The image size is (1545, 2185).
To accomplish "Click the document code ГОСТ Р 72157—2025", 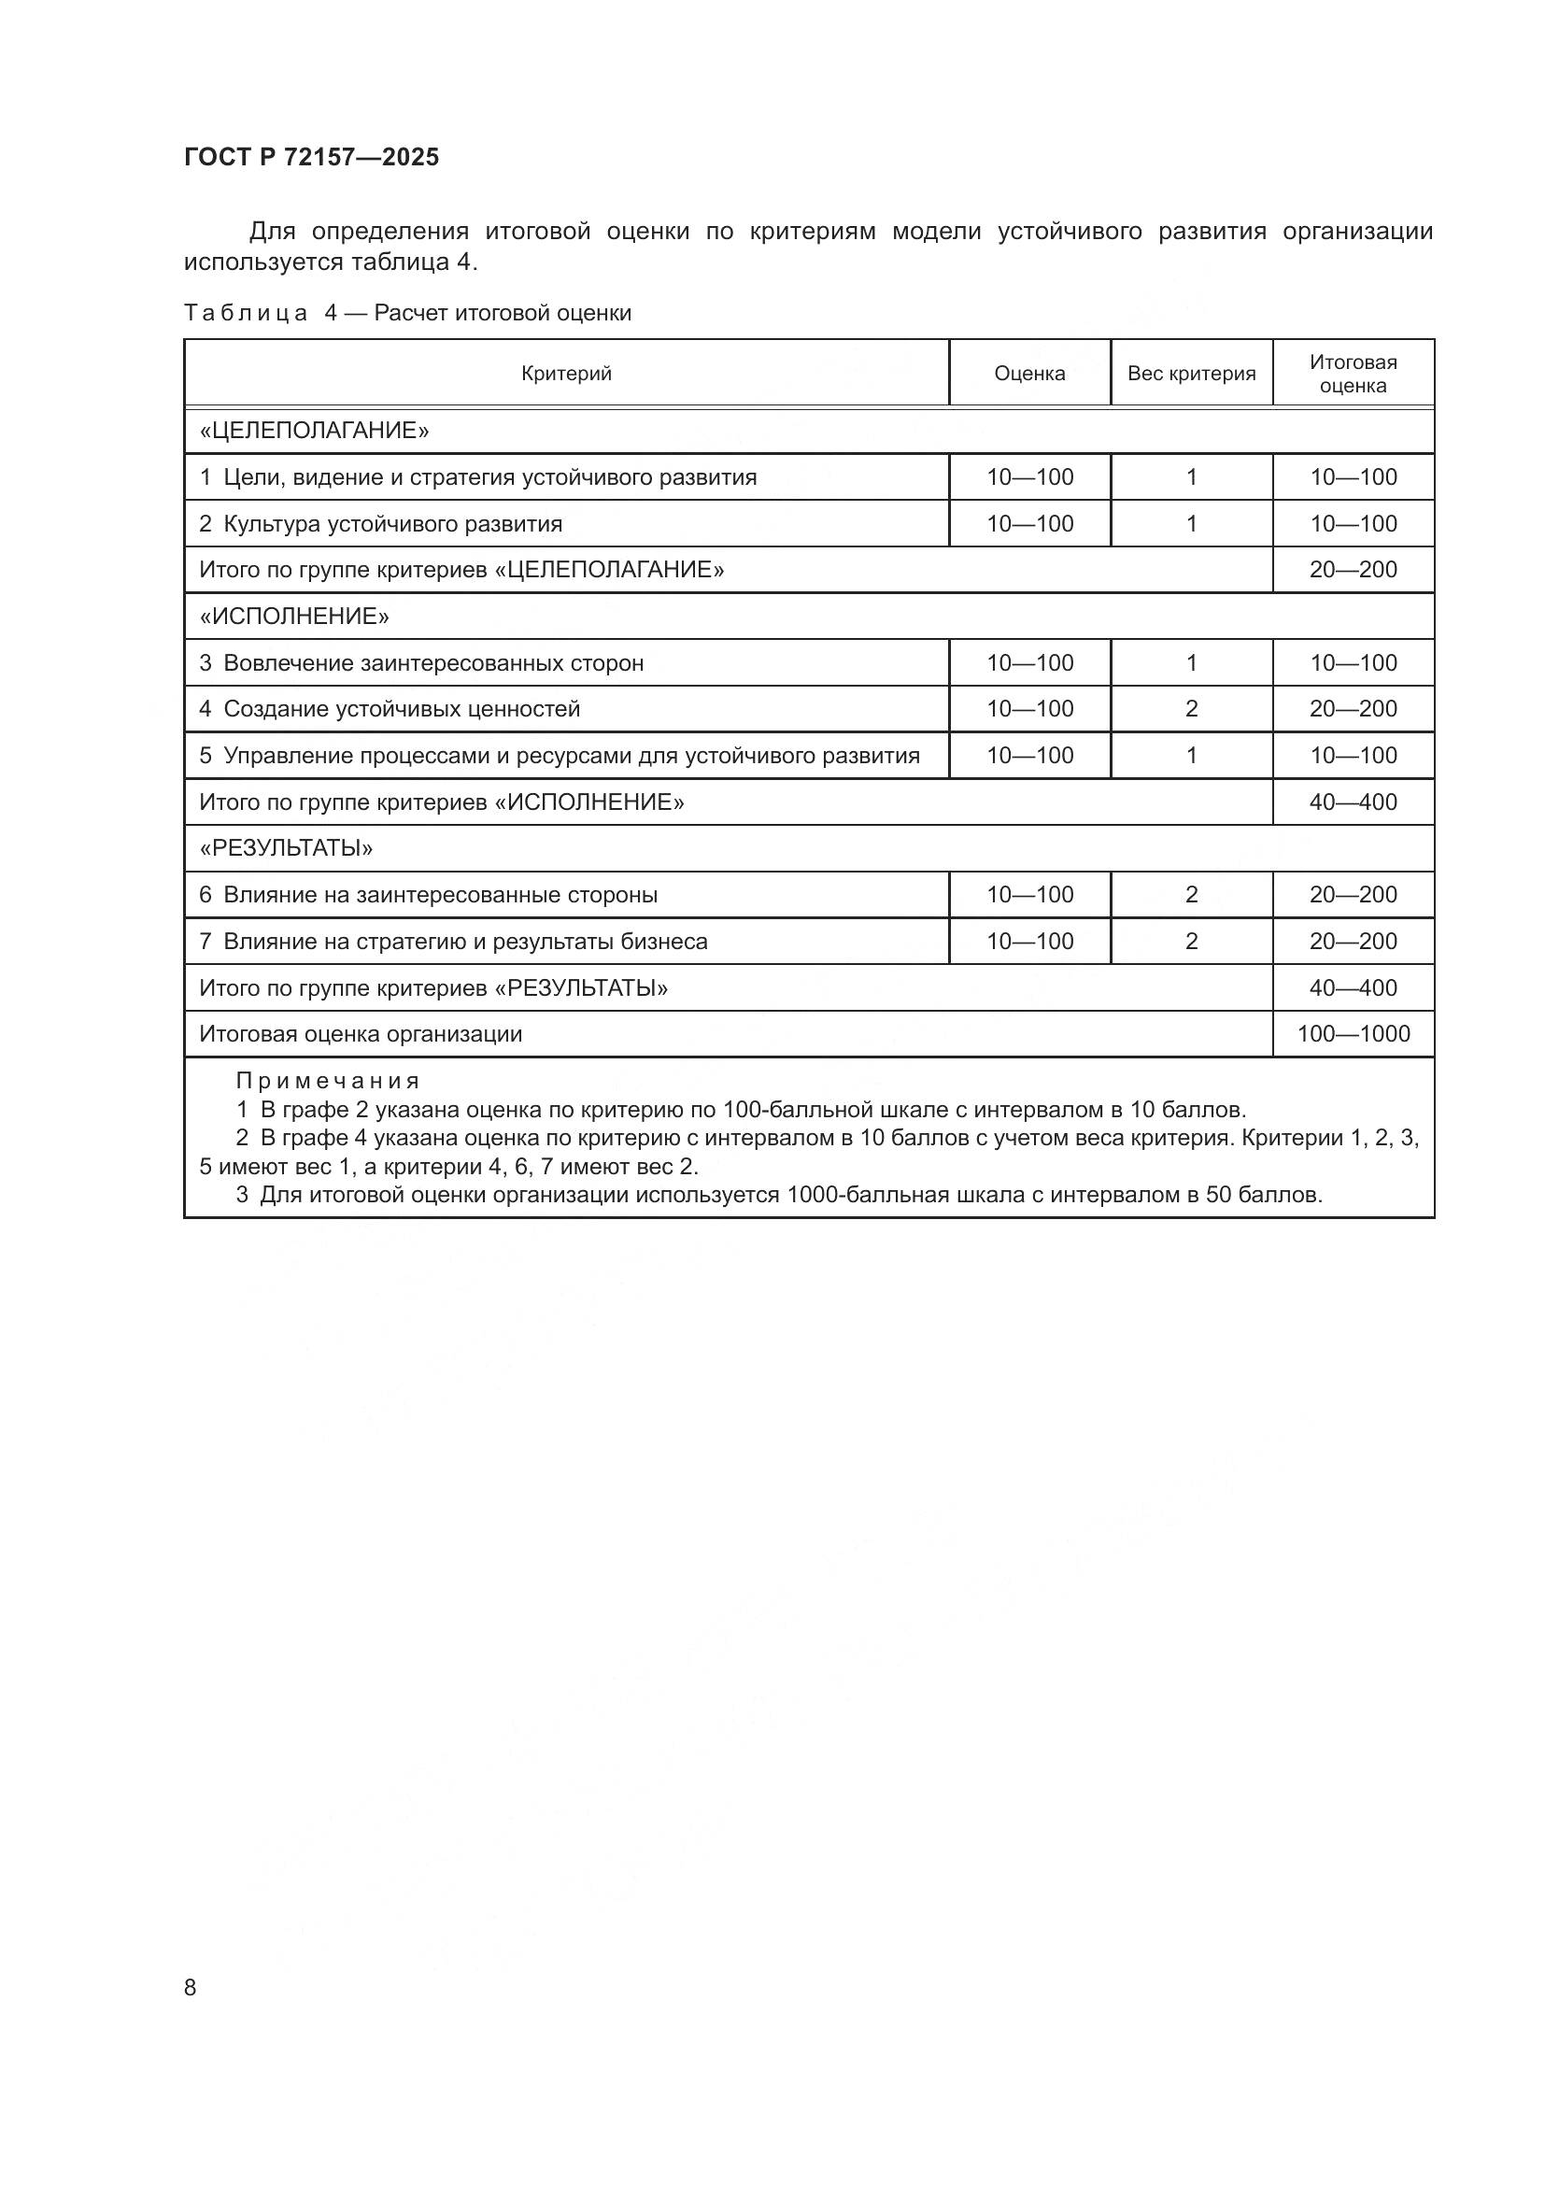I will point(311,157).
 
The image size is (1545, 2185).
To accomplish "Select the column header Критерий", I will point(566,374).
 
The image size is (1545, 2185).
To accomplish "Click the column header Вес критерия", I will point(1191,374).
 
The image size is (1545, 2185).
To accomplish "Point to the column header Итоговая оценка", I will point(1353,374).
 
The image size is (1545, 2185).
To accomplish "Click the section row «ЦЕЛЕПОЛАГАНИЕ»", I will point(315,431).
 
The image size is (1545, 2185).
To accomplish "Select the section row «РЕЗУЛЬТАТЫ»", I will point(287,848).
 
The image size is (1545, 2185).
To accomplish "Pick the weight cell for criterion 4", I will point(1191,709).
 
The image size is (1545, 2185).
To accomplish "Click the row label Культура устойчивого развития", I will point(392,524).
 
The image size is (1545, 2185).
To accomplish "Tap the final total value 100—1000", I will point(1353,1033).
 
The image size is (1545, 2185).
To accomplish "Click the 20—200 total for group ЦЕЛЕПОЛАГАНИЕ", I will point(1353,570).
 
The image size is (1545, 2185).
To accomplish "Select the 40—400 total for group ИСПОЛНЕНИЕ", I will point(1353,802).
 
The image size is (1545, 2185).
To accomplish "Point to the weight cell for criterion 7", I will point(1191,942).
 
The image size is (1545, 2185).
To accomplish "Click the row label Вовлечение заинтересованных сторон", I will point(432,663).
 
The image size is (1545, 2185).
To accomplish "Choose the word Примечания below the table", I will point(327,1081).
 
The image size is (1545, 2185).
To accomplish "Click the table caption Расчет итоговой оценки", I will point(503,313).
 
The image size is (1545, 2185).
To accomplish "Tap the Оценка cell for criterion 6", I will point(1029,895).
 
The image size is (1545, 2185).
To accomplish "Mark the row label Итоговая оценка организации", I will point(361,1033).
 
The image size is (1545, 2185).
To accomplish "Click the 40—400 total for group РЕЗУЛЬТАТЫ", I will point(1353,987).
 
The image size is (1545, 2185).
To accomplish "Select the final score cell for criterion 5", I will point(1353,756).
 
